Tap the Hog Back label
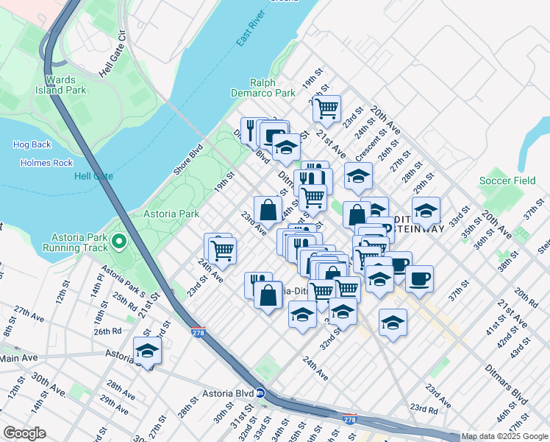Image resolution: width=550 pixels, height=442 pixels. (x=32, y=144)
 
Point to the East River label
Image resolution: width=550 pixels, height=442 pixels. (x=251, y=29)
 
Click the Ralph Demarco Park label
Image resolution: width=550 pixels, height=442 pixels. (x=272, y=88)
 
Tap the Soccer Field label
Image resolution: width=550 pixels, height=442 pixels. (x=507, y=180)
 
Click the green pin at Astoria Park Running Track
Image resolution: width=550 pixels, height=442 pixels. (x=118, y=241)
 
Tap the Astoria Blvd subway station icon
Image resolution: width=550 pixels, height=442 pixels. (x=260, y=393)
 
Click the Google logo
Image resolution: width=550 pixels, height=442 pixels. (x=24, y=433)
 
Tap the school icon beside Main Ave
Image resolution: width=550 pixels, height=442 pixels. (x=147, y=351)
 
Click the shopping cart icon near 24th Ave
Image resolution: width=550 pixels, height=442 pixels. (x=221, y=249)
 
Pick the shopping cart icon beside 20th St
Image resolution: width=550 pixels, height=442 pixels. (x=326, y=108)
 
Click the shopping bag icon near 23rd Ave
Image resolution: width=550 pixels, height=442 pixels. (x=268, y=209)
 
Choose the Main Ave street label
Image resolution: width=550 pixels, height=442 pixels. (x=18, y=358)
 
